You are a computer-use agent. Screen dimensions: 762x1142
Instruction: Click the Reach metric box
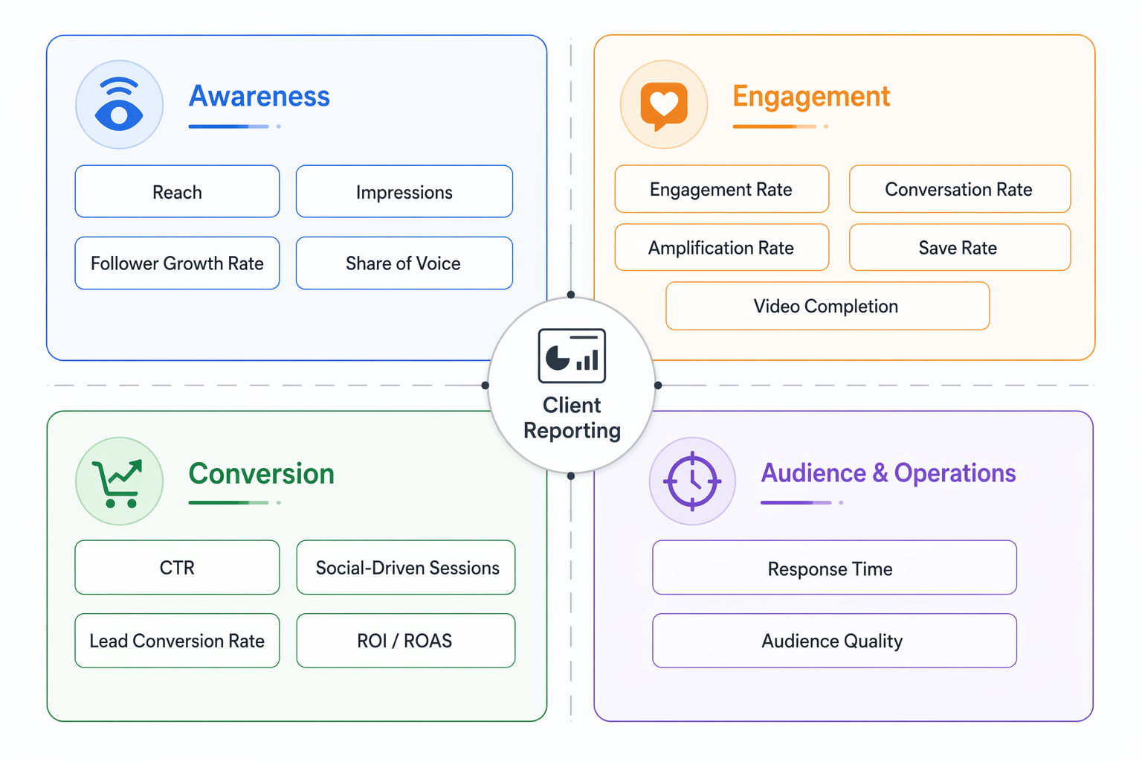pyautogui.click(x=177, y=192)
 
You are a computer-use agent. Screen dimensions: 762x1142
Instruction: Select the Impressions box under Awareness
pyautogui.click(x=404, y=192)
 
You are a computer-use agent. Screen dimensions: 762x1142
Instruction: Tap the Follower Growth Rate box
pyautogui.click(x=177, y=263)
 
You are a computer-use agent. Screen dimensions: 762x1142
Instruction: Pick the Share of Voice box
pyautogui.click(x=404, y=263)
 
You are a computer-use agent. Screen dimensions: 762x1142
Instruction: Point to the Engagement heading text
pyautogui.click(x=811, y=97)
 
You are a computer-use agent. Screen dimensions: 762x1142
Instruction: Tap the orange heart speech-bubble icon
pyautogui.click(x=664, y=105)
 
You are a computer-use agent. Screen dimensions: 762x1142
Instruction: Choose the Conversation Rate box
pyautogui.click(x=959, y=189)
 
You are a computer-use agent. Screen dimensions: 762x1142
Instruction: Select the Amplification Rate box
pyautogui.click(x=721, y=247)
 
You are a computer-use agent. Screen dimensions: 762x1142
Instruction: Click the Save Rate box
pyautogui.click(x=959, y=247)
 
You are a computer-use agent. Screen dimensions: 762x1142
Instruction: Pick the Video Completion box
pyautogui.click(x=827, y=306)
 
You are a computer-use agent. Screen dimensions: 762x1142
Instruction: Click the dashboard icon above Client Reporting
pyautogui.click(x=572, y=356)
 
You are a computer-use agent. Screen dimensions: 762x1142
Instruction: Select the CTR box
pyautogui.click(x=177, y=568)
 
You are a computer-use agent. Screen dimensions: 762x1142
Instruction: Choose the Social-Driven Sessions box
pyautogui.click(x=406, y=568)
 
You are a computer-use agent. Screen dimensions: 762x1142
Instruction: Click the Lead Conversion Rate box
pyautogui.click(x=177, y=641)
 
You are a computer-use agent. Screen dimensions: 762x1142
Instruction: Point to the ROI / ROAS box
pyautogui.click(x=406, y=641)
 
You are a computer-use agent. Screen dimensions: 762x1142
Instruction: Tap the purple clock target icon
pyautogui.click(x=692, y=481)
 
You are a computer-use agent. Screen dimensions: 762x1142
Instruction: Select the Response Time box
pyautogui.click(x=834, y=568)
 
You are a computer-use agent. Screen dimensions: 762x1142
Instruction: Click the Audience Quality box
pyautogui.click(x=834, y=641)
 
